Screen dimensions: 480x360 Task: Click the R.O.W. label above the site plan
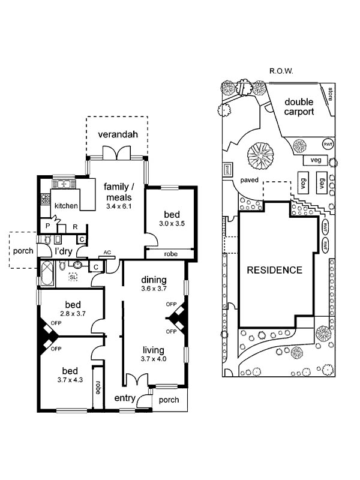(280, 71)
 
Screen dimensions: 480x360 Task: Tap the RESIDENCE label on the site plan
(275, 270)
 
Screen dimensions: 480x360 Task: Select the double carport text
(299, 107)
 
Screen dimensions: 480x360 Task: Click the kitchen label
(66, 206)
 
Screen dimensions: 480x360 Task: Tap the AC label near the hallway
(107, 253)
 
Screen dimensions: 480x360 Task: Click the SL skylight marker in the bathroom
(73, 277)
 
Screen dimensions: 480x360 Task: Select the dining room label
(154, 280)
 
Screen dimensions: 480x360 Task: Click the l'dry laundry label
(64, 251)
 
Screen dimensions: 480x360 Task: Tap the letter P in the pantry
(47, 226)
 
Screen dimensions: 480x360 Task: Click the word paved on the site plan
(249, 179)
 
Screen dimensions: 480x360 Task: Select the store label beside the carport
(329, 94)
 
